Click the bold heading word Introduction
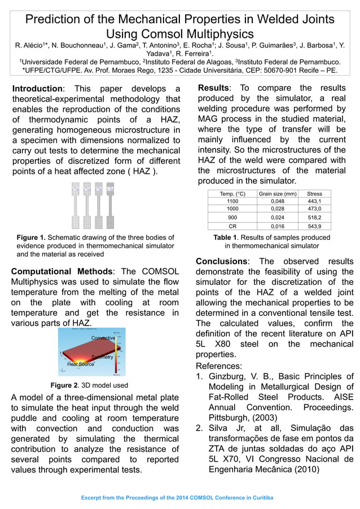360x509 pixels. (37, 89)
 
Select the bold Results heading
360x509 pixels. (213, 88)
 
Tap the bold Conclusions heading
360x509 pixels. (221, 261)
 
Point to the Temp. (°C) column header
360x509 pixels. (232, 194)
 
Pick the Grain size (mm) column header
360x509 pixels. (277, 194)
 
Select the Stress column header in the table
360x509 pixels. (314, 194)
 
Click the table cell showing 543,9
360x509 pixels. (314, 226)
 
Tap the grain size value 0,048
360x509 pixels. (277, 201)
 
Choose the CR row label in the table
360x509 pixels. (232, 226)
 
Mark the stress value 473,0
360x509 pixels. (314, 208)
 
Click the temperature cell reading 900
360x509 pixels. (232, 217)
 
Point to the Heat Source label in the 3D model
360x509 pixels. (81, 365)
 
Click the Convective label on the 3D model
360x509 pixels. (103, 337)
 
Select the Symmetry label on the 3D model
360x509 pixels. (102, 357)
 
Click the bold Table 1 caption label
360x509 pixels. (227, 238)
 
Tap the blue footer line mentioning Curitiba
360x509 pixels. (177, 498)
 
